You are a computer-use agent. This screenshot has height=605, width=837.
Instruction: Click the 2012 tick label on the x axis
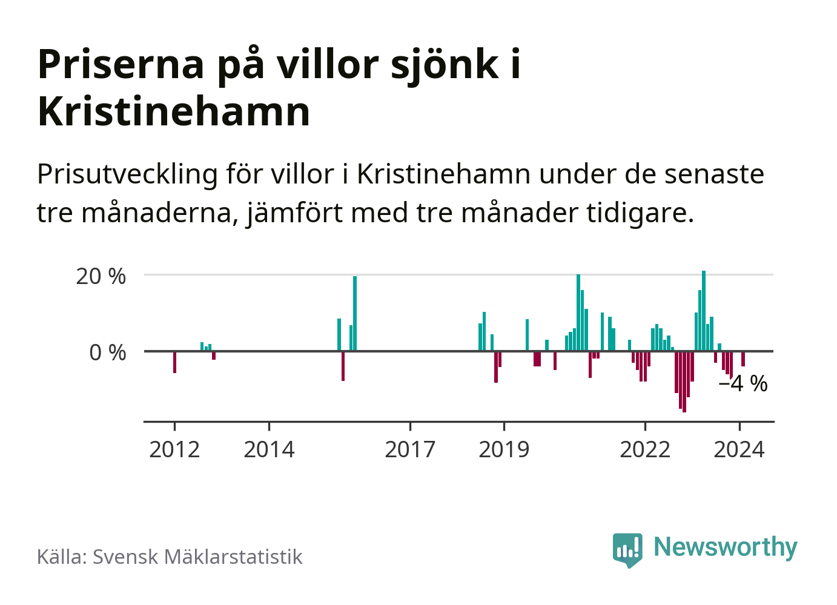(x=174, y=450)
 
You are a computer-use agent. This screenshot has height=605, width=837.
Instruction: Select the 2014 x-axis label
(x=269, y=450)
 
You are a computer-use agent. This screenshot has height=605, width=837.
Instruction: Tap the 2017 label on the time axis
(x=410, y=450)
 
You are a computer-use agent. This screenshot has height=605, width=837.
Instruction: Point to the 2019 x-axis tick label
(x=504, y=450)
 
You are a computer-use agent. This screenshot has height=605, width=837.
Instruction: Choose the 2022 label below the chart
(x=645, y=450)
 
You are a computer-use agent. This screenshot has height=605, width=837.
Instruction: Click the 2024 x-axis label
(x=739, y=450)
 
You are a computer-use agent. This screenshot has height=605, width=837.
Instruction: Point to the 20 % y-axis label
(x=101, y=276)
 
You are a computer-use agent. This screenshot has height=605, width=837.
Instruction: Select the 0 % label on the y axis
(x=108, y=352)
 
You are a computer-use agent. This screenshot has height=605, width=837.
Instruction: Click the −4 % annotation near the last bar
(x=743, y=383)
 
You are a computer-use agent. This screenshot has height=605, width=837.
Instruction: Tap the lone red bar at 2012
(x=174, y=362)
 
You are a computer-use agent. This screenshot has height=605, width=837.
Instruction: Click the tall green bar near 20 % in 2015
(x=355, y=313)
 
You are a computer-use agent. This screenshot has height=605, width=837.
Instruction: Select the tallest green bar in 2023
(x=704, y=311)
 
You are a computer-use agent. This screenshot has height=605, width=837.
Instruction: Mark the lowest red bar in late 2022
(x=684, y=382)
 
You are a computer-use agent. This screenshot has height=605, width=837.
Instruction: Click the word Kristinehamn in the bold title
(x=174, y=111)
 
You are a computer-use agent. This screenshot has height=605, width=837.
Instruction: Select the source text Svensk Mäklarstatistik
(x=197, y=557)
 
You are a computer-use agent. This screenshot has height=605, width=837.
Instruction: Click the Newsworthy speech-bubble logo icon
(x=627, y=549)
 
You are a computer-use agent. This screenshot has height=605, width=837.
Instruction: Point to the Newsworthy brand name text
(x=726, y=547)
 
